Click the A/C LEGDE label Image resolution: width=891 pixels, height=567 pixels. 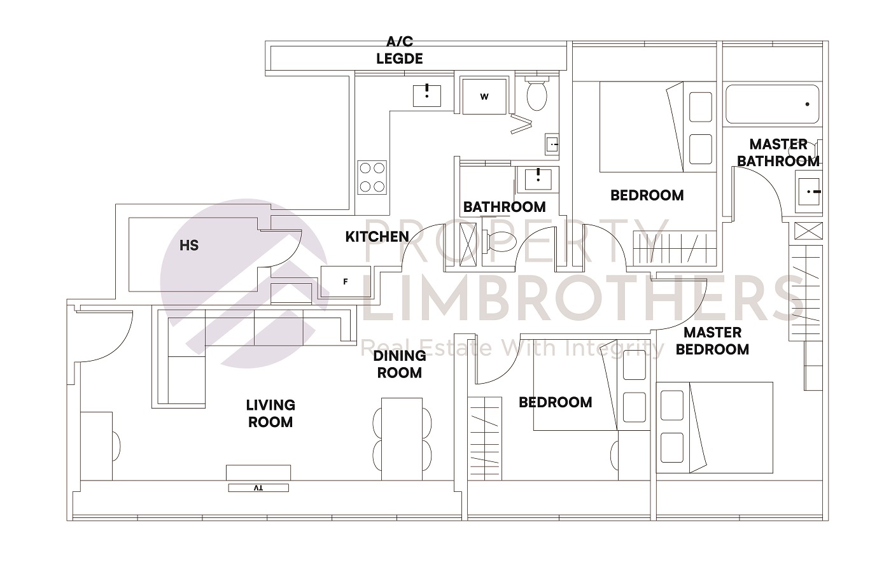(400, 51)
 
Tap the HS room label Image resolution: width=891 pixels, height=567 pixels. (189, 245)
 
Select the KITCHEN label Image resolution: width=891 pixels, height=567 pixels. (377, 237)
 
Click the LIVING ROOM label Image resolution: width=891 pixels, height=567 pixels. (270, 413)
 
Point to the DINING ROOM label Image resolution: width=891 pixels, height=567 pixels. (399, 364)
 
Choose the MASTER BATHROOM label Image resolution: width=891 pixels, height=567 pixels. (778, 153)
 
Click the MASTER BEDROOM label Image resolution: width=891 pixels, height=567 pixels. (712, 340)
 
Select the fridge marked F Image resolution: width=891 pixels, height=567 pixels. (345, 281)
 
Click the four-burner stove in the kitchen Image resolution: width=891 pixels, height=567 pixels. (372, 178)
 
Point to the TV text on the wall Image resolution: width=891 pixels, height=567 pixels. (258, 487)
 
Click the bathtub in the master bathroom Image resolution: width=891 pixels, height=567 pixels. (771, 104)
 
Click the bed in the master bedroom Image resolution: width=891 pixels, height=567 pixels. (714, 426)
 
